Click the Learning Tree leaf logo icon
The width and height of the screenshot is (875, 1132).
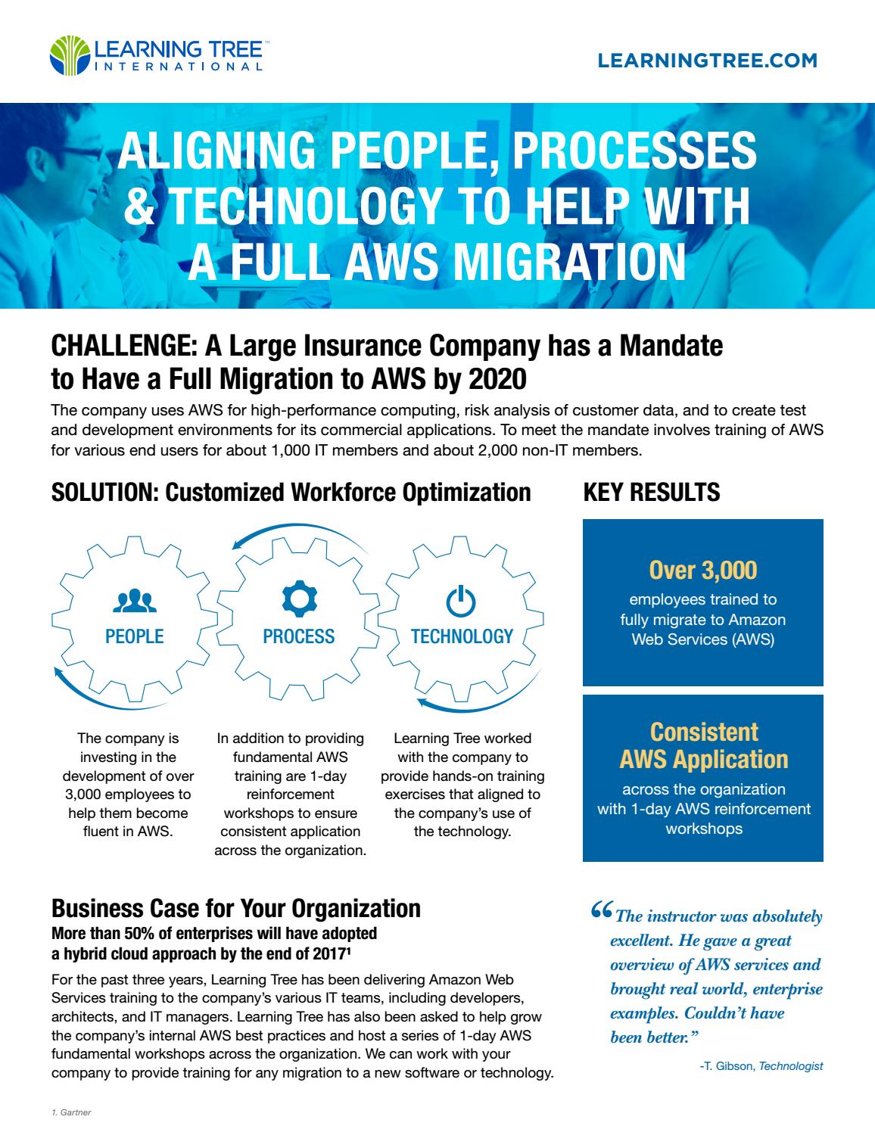tap(69, 55)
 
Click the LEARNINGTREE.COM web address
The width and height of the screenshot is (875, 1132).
tap(707, 61)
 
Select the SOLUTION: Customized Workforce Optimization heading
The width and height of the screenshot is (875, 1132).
tap(291, 492)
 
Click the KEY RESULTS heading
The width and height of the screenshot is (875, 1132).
tap(651, 492)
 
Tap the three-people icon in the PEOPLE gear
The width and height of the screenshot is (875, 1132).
tap(134, 601)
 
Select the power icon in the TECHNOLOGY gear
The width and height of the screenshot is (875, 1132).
tap(461, 602)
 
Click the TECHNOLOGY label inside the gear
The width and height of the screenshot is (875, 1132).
tap(462, 636)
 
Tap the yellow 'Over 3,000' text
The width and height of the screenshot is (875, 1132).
tap(703, 571)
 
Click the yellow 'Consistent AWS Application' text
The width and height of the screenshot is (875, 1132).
tap(703, 745)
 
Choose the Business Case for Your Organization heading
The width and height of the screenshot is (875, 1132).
tap(235, 907)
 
